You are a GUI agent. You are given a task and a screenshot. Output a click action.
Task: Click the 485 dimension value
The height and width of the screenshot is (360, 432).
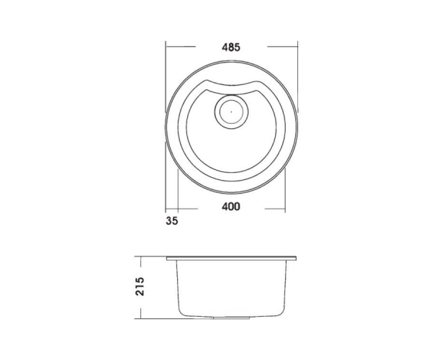[231, 48]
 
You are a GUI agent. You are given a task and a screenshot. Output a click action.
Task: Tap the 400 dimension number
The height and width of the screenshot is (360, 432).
[231, 206]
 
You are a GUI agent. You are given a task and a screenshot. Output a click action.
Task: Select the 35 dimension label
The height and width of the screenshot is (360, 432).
[172, 221]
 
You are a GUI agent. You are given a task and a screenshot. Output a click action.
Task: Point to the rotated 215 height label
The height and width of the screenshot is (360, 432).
[139, 286]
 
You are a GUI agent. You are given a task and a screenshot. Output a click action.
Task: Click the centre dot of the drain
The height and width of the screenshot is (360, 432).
[231, 112]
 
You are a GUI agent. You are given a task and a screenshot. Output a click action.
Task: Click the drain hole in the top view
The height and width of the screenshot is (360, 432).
[231, 112]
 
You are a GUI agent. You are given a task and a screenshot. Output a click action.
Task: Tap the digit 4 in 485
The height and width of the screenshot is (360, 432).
[225, 48]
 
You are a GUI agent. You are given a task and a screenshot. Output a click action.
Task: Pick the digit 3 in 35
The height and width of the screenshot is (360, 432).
[169, 221]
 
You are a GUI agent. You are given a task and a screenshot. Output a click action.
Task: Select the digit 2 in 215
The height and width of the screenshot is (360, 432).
[139, 293]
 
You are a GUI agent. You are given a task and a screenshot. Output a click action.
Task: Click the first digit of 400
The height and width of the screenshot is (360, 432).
[225, 206]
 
